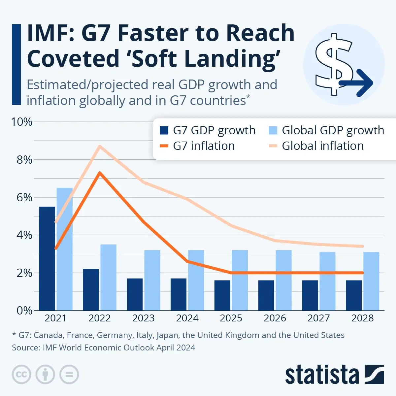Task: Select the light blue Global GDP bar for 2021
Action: (x=64, y=249)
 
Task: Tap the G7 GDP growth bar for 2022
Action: (x=91, y=290)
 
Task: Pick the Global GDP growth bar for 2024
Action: (x=196, y=280)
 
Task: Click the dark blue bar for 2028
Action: (x=354, y=295)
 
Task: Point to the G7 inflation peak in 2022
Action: (x=100, y=173)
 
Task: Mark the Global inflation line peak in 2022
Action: (x=100, y=146)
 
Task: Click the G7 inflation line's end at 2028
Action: (x=362, y=273)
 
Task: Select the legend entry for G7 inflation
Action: (x=204, y=146)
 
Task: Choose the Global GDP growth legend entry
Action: (x=333, y=130)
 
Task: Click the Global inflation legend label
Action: (x=322, y=146)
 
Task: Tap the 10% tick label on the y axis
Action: (x=22, y=122)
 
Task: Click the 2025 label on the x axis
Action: (x=231, y=318)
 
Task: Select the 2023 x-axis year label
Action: (x=143, y=318)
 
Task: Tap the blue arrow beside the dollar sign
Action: (x=358, y=83)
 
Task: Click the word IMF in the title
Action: (x=49, y=34)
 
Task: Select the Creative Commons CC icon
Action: (x=21, y=375)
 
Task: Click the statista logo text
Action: (x=322, y=375)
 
